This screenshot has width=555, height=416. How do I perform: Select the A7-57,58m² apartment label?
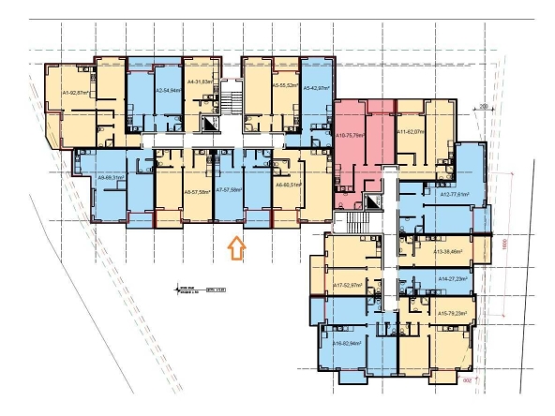(229, 191)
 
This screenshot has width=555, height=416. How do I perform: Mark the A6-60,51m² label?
(287, 186)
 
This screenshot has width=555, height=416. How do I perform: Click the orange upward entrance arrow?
(236, 248)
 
